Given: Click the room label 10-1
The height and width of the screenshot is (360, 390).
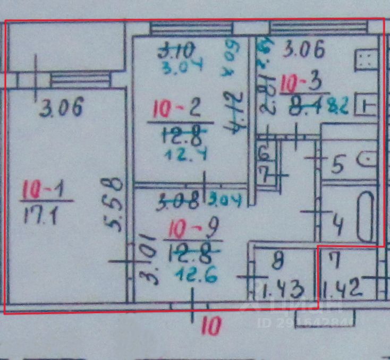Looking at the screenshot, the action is click(47, 190).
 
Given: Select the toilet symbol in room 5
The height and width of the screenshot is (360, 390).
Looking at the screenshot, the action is click(367, 158).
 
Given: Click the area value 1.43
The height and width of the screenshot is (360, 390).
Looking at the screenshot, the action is click(283, 290).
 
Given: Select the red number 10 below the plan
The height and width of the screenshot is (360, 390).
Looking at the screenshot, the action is click(210, 325).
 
